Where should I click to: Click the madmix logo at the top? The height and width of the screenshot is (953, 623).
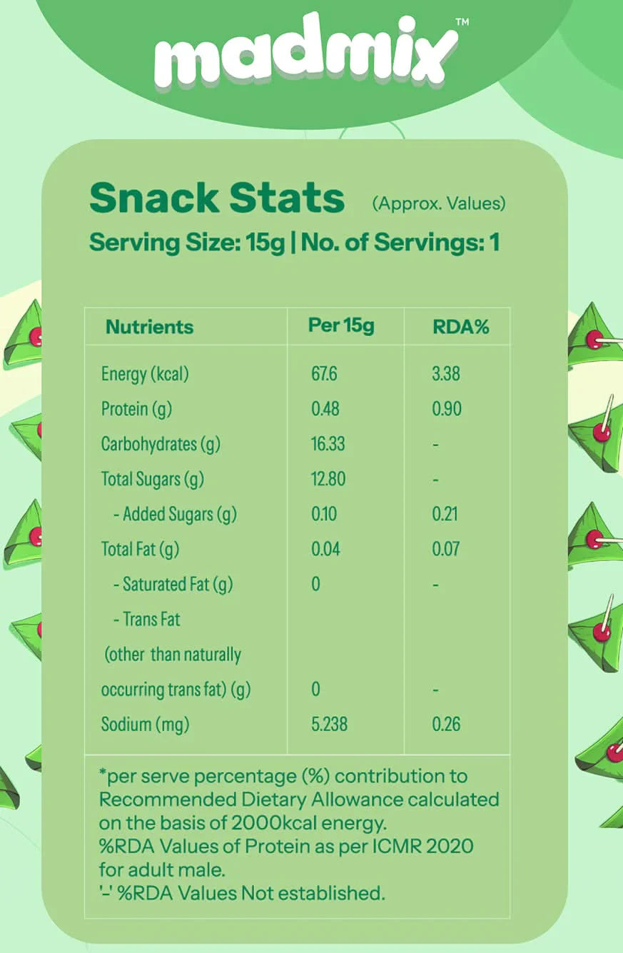point(305,50)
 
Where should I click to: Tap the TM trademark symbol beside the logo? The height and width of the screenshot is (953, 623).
point(462,22)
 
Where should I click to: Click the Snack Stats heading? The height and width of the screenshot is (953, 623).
point(217,198)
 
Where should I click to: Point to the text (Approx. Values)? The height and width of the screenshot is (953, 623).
point(439,203)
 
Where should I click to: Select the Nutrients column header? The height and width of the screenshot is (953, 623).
point(149,327)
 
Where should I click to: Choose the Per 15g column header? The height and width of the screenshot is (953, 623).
point(341,326)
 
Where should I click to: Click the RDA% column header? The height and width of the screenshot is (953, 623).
point(460,327)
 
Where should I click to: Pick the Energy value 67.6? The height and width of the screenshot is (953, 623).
point(324,374)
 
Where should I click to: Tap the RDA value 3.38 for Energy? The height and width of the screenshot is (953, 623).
point(446,374)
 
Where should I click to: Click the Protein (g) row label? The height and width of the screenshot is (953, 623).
point(136,409)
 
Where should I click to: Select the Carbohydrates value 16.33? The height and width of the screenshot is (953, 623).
point(328,444)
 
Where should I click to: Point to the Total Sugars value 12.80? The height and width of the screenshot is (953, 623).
point(328,479)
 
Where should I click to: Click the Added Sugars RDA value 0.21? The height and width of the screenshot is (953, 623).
point(445,514)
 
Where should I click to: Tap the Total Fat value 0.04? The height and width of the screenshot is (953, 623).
point(325,549)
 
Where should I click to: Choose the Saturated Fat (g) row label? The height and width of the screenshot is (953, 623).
point(173,584)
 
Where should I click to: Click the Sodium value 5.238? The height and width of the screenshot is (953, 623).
point(329,724)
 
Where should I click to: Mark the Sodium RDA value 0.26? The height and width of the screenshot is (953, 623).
point(446,724)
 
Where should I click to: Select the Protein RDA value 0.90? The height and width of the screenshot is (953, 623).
point(447,409)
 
